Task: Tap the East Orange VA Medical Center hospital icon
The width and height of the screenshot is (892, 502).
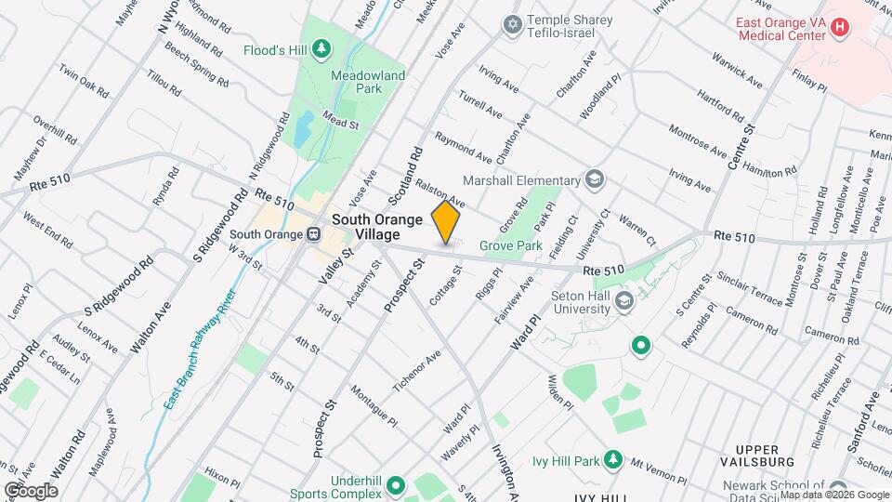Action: [840, 27]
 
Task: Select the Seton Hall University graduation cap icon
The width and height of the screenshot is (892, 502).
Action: [624, 299]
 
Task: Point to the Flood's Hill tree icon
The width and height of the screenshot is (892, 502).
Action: [321, 47]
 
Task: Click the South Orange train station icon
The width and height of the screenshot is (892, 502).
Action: [315, 234]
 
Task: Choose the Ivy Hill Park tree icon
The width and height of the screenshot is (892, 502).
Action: [613, 459]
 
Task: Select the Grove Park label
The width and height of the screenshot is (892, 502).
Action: [510, 246]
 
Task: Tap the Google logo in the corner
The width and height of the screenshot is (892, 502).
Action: [30, 490]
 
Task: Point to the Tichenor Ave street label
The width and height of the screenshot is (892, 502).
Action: [421, 371]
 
